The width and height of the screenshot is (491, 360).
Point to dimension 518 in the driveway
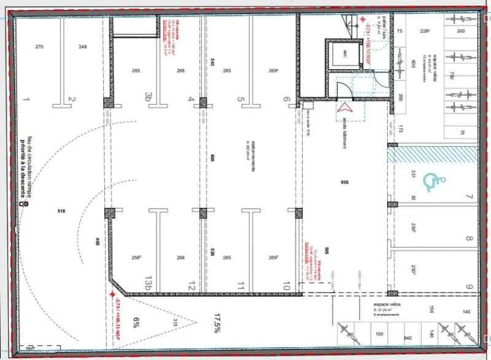coord(60,212)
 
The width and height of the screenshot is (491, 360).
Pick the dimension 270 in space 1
coord(39,47)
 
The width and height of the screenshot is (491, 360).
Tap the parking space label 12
coord(191,286)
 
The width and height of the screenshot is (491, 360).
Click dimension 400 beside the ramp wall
coord(96,242)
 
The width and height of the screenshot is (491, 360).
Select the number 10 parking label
coord(286,286)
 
